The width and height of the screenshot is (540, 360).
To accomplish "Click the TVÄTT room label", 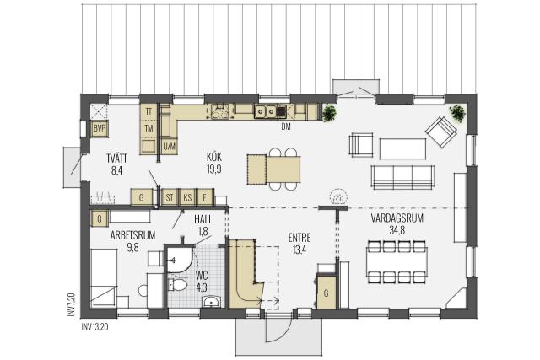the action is pos(117,159).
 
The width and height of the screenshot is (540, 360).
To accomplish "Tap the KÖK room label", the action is pos(214,158).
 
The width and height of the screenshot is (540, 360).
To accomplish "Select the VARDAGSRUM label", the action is pos(397,218).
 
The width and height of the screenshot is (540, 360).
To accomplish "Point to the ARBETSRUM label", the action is pos(132,235).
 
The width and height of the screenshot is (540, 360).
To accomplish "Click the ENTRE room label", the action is pos(300,238).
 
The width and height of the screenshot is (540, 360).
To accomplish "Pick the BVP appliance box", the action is pos(100,129).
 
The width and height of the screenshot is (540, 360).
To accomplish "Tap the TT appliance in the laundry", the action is pos(148,112).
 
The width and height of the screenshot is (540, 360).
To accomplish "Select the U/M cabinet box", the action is pos(169,146).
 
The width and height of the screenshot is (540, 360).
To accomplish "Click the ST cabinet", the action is pos(170,197).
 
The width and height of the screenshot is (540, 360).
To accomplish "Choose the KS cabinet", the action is pos(187,197).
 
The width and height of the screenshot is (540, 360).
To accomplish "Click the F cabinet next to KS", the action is pos(205,197).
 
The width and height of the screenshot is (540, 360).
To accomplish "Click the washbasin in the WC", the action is pos(211,302).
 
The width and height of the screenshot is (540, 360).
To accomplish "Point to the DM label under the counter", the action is pos(286,127).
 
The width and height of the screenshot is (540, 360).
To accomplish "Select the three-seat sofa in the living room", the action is pos(402,178).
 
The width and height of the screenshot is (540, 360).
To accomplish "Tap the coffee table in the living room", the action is pos(402,148).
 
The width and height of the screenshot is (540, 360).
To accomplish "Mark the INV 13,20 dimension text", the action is pos(94,326).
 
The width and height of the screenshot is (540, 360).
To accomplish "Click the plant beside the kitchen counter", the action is pos(329,113).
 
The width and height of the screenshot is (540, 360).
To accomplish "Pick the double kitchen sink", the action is pos(265,111).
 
